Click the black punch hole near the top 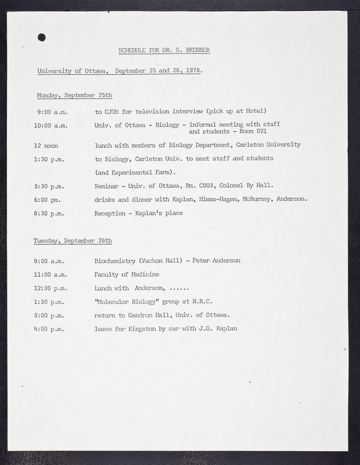point(41,37)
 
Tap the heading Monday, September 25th point(74,95)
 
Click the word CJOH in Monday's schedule point(111,111)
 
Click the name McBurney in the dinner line point(253,199)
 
